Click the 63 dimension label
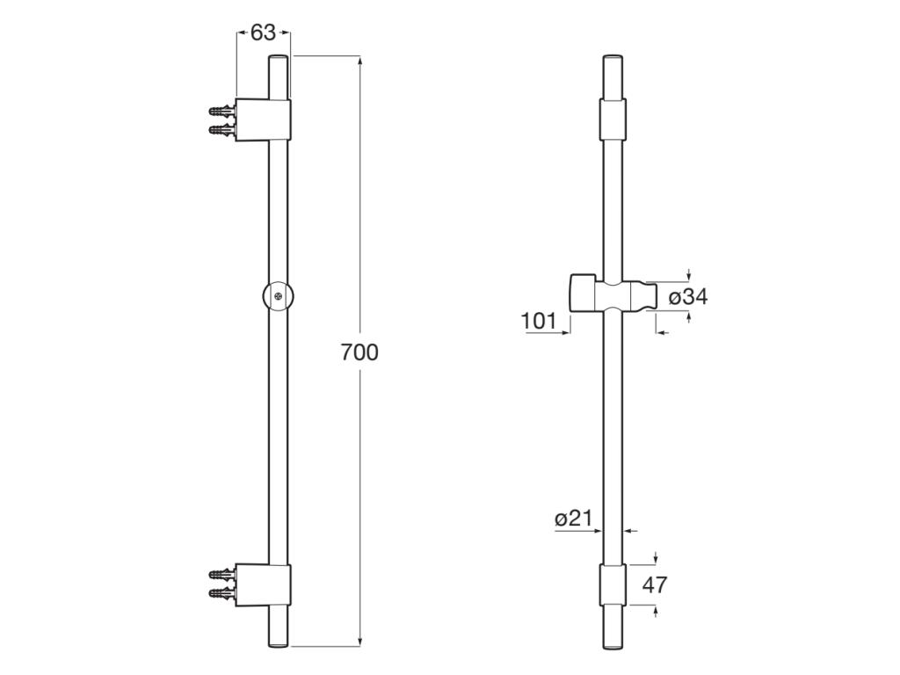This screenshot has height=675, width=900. tap(263, 33)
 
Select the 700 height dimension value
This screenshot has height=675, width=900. tap(359, 352)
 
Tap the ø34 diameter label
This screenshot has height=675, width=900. tap(688, 297)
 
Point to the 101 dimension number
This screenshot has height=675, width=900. tap(540, 321)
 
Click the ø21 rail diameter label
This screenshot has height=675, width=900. tap(573, 519)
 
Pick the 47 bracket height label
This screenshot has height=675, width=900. tap(656, 584)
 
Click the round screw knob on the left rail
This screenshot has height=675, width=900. tap(278, 296)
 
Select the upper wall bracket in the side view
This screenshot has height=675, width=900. tap(264, 120)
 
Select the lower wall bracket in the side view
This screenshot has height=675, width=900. tap(264, 585)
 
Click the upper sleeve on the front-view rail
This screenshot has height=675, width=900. tap(613, 119)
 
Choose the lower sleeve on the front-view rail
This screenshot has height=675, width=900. tap(613, 585)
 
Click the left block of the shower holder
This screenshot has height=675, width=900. tap(582, 294)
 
